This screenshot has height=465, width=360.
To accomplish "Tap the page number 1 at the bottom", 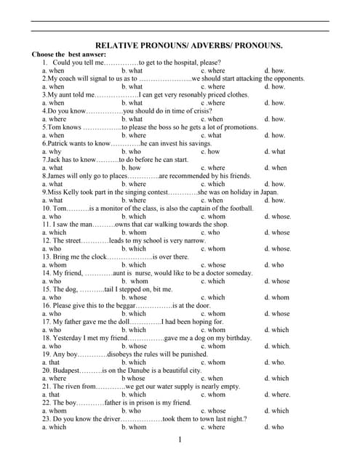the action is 180,440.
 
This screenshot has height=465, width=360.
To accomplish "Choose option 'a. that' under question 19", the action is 51,363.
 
